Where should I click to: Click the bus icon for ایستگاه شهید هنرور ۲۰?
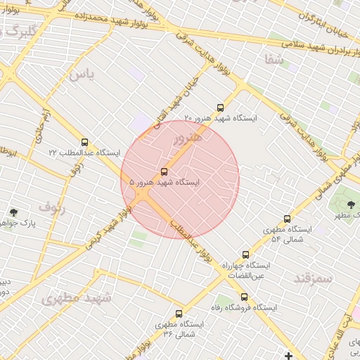tap(221, 108)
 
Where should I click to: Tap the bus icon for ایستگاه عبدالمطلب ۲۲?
tap(85, 142)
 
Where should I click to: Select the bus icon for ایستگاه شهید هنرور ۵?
tap(165, 172)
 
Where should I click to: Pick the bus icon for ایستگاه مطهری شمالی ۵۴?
tap(287, 219)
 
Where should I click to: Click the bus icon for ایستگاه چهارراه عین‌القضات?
tap(245, 255)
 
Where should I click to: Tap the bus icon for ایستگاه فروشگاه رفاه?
tap(244, 297)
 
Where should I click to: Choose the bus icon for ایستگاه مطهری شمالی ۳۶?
tap(179, 314)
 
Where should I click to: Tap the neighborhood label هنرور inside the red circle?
tap(187, 137)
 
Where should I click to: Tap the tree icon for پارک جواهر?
tap(13, 212)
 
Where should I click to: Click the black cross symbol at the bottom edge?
tap(288, 354)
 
